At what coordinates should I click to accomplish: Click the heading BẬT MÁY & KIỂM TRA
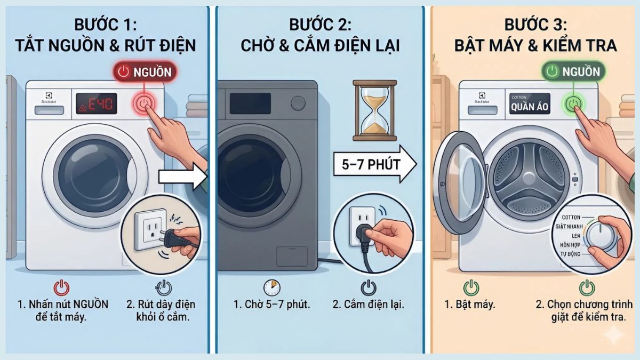[535, 45]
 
